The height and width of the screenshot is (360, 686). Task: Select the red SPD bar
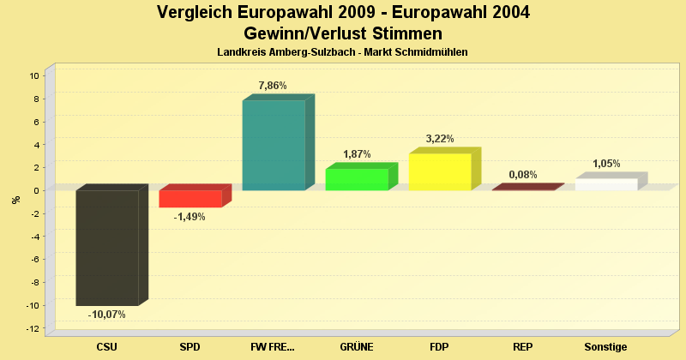pos(190,198)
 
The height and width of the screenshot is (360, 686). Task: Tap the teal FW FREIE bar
pos(274,145)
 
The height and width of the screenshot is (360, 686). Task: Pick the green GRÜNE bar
pos(357,179)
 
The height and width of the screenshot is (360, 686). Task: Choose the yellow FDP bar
pos(440,171)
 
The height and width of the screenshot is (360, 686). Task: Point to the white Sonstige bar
pos(606,184)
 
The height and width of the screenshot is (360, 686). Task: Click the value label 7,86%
pos(272,86)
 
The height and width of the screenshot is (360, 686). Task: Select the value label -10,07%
pos(107,315)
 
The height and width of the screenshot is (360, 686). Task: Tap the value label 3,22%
pos(439,139)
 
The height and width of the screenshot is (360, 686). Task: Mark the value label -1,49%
pos(190,217)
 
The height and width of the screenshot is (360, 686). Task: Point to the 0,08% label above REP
pos(523,175)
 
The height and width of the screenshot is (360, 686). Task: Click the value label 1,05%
pos(606,164)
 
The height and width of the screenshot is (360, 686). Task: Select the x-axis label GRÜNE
pos(357,347)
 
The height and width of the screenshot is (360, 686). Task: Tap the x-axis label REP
pos(523,347)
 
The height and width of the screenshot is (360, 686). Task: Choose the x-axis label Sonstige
pos(606,347)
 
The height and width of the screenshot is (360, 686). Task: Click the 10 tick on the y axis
pos(34,75)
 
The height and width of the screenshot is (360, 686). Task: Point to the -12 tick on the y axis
pos(33,328)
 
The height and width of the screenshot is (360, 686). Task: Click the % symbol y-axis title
pos(15,200)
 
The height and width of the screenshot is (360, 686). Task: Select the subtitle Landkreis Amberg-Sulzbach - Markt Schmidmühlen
pos(342,53)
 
